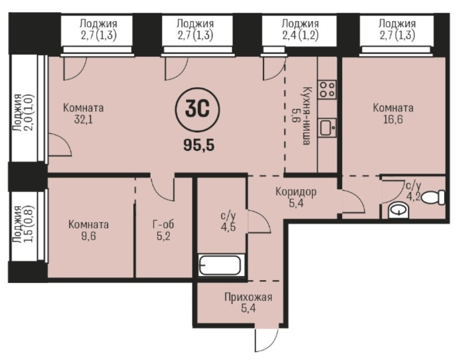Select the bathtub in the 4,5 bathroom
click(221, 265)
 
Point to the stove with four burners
click(327, 90)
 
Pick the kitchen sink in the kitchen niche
click(327, 128)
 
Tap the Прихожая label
click(248, 298)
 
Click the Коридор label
click(296, 192)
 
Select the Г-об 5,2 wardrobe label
click(163, 230)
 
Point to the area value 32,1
click(84, 120)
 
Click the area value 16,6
click(393, 120)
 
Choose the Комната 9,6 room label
click(88, 230)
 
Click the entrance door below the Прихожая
click(267, 340)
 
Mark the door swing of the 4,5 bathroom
click(258, 222)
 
